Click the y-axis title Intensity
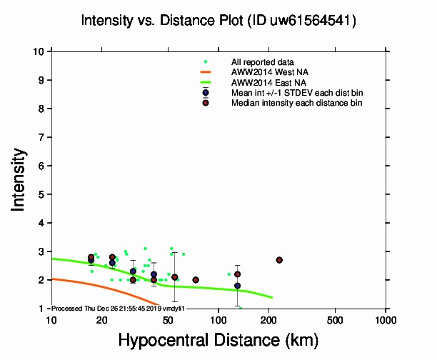(20, 179)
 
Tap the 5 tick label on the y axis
(41, 194)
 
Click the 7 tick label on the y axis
(41, 137)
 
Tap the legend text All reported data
(262, 63)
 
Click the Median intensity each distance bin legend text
(296, 103)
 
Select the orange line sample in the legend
(206, 72)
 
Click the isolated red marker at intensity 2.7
(279, 260)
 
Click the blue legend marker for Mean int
(206, 93)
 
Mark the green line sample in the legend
(206, 82)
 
